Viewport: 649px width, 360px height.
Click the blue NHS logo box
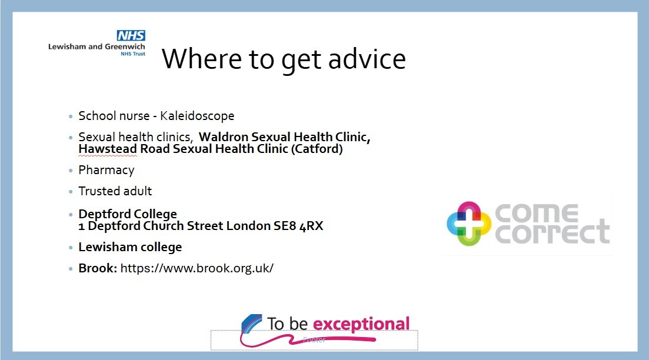pos(131,35)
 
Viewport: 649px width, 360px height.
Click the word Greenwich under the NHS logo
pos(125,46)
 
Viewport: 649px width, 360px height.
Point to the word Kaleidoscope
pos(197,116)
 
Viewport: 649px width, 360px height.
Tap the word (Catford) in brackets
pos(317,149)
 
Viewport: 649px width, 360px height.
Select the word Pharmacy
pos(106,170)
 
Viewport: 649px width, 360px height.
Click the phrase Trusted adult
pos(115,191)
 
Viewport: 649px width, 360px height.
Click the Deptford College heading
pos(128,214)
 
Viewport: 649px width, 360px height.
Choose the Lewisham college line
pos(130,247)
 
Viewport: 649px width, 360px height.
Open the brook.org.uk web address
pos(197,268)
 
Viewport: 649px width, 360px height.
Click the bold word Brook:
pos(98,268)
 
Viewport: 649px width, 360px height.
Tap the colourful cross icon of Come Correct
pos(469,224)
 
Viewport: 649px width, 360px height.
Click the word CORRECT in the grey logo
pos(552,233)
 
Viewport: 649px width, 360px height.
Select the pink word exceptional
pos(361,324)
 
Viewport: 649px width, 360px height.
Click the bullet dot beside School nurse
pos(71,116)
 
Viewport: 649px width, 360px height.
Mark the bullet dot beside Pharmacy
pos(71,171)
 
